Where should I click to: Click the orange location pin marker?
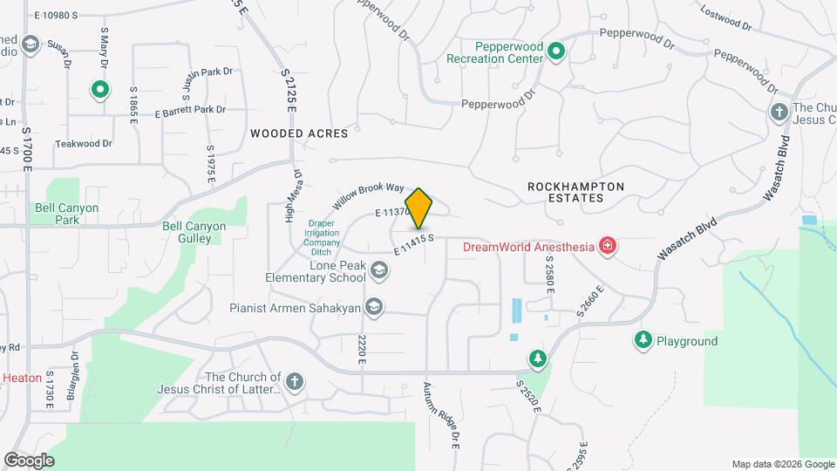[x=419, y=208]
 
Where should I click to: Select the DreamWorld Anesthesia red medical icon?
[x=608, y=247]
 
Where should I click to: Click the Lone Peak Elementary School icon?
[x=378, y=270]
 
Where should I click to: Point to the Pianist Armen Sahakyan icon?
[x=374, y=306]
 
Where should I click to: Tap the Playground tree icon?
[x=643, y=341]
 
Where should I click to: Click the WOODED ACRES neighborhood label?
[x=299, y=133]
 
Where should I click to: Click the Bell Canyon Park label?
[x=67, y=214]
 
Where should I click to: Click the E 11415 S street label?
[x=413, y=243]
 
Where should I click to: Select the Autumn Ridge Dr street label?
[x=442, y=414]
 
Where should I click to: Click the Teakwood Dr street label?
[x=84, y=144]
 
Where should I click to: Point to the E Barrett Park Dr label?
[x=190, y=110]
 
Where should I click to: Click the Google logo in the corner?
[x=29, y=460]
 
